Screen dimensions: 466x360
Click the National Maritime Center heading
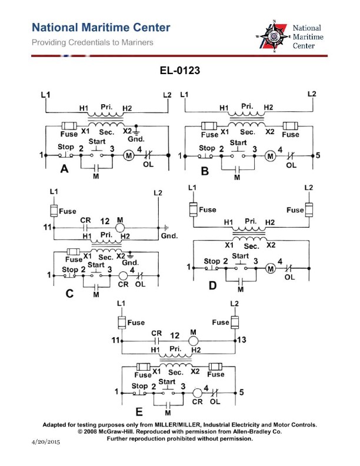pos(101,28)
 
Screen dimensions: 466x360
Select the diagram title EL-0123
pos(180,71)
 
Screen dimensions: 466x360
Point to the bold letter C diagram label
pos(69,294)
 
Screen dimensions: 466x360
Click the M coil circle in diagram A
pos(128,155)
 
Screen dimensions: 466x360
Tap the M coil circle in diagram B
pos(269,157)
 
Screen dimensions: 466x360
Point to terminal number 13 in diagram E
pos(243,340)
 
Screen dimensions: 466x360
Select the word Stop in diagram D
pos(211,261)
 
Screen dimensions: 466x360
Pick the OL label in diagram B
pos(291,165)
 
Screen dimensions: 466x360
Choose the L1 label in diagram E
pos(122,303)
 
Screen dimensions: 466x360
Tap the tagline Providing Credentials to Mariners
pos(92,42)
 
